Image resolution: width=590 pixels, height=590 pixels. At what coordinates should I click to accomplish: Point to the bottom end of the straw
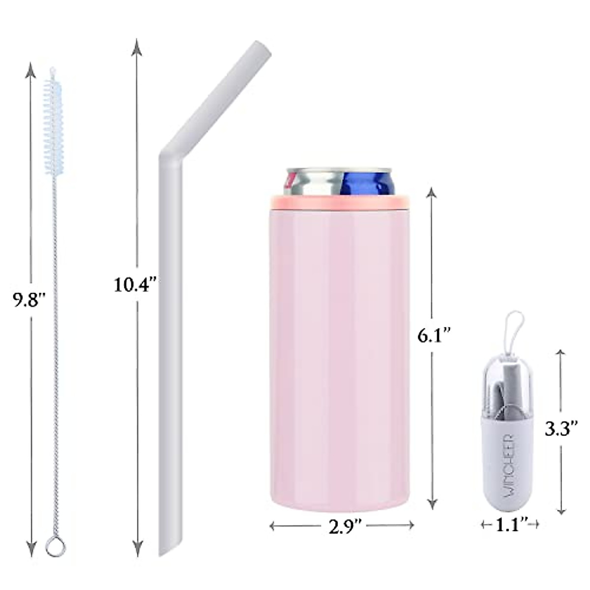(x=166, y=548)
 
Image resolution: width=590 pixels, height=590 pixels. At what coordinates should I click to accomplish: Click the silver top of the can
(x=315, y=182)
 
